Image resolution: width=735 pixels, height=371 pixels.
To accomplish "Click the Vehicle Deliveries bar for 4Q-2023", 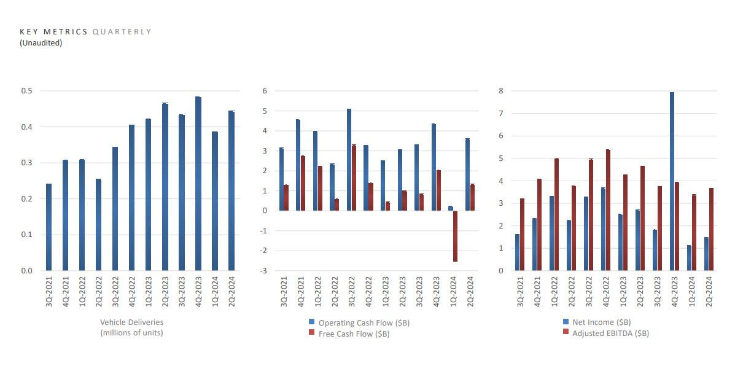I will [x=198, y=184].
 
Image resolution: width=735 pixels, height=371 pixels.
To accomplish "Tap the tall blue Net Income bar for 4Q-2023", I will [x=672, y=181].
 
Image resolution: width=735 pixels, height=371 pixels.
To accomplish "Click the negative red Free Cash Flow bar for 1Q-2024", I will [x=455, y=236].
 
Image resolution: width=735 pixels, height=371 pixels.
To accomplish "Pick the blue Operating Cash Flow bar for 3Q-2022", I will [x=349, y=160].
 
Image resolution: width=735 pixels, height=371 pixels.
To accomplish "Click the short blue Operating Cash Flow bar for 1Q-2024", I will [x=450, y=208].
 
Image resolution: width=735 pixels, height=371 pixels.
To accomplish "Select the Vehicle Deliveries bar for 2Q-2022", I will [x=99, y=225].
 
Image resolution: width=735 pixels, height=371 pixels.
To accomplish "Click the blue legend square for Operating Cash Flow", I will [x=312, y=322].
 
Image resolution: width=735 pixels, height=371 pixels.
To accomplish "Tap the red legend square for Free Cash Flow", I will [x=312, y=333].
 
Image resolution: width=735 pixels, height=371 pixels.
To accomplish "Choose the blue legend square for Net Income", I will [x=566, y=321].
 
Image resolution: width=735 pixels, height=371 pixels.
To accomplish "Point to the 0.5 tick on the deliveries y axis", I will [x=27, y=91].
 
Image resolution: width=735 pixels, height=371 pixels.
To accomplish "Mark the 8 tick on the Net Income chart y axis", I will [x=501, y=91].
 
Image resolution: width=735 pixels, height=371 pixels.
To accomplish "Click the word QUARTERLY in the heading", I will [x=122, y=32].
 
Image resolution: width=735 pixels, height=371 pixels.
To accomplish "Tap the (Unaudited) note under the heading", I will [x=41, y=43].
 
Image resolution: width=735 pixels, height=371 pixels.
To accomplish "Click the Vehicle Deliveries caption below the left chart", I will [x=131, y=322].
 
